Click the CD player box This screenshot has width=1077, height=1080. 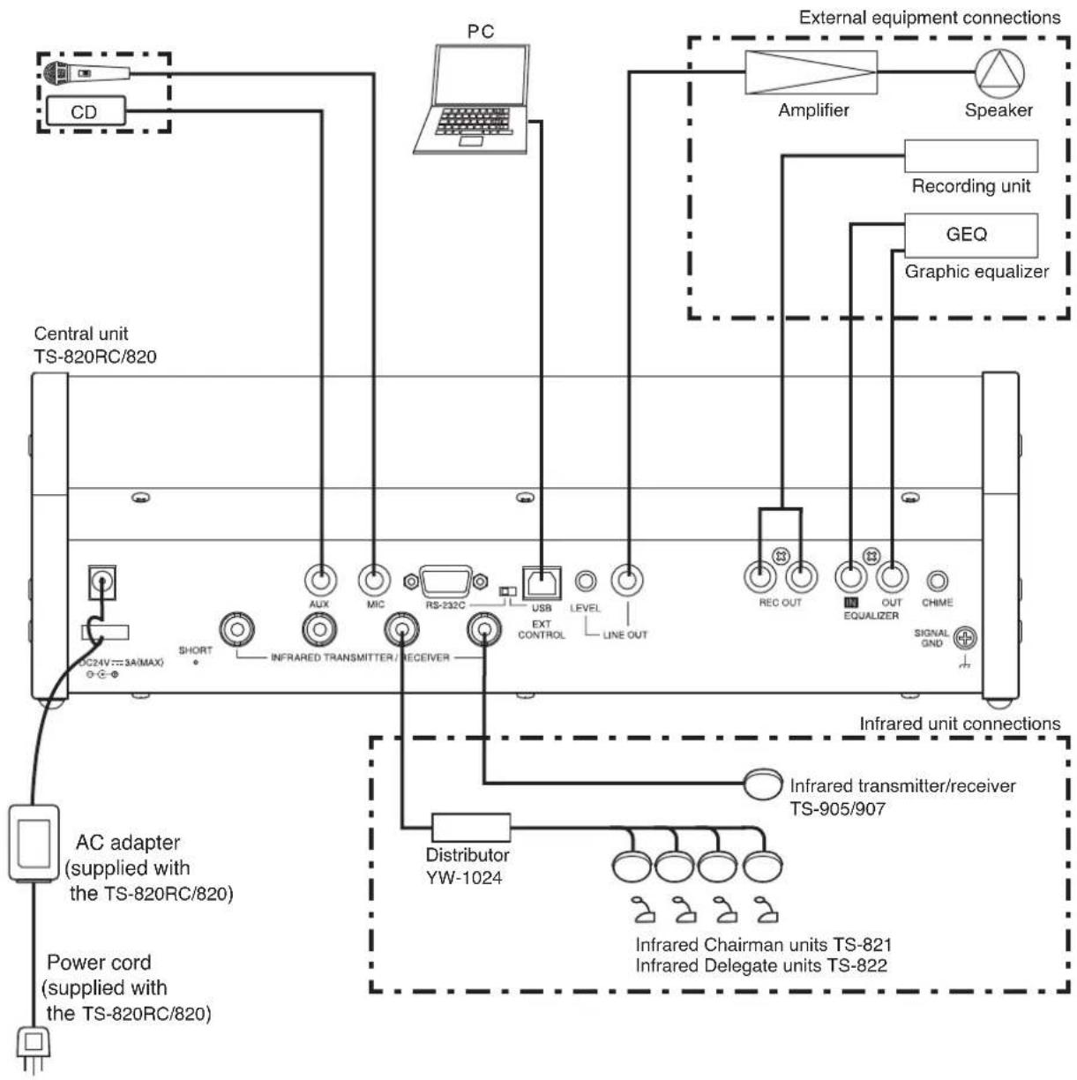coord(86,111)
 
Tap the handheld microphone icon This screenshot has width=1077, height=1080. coord(86,73)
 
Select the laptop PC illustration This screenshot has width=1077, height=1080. coord(472,99)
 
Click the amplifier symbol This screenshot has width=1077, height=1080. coord(811,72)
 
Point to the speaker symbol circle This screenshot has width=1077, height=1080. coord(999,73)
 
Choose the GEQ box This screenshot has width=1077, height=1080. coord(970,235)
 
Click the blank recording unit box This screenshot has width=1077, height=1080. coord(970,156)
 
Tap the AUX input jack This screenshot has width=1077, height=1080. coord(320,580)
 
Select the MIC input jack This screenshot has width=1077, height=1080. coord(374,580)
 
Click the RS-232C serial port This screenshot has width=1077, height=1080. coord(446,581)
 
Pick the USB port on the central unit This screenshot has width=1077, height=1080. coord(542,582)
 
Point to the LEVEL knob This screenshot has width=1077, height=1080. coord(586,581)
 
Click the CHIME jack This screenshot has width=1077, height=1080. coord(937,581)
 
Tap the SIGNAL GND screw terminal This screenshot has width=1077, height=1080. coord(965,638)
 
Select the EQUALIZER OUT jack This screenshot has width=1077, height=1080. coord(892,577)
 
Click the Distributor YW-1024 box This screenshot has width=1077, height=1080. coord(471,828)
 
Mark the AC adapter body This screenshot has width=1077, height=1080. coord(34,844)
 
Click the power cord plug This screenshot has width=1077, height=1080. coord(34,1048)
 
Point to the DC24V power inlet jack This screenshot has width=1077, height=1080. coord(102,581)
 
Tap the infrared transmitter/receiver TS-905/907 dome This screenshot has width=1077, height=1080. coord(762,784)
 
